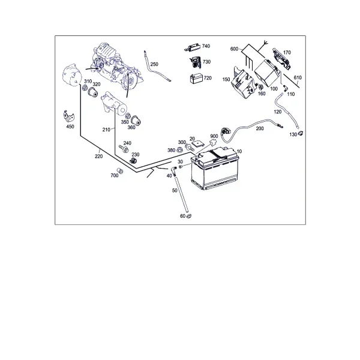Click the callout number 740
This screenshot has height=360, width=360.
pyautogui.click(x=206, y=46)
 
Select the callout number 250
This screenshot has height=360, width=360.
pyautogui.click(x=154, y=64)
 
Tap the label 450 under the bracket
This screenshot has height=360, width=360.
pyautogui.click(x=70, y=127)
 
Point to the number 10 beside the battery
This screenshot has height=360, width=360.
pyautogui.click(x=239, y=151)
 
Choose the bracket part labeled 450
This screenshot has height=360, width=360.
pyautogui.click(x=68, y=116)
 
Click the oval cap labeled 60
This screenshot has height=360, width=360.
pyautogui.click(x=189, y=216)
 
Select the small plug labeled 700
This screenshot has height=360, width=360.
pyautogui.click(x=120, y=170)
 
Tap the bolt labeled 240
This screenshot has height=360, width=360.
pyautogui.click(x=124, y=149)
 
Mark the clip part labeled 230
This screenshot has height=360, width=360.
pyautogui.click(x=134, y=160)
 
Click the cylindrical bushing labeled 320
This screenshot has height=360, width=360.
pyautogui.click(x=93, y=92)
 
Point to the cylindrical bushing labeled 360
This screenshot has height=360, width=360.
pyautogui.click(x=136, y=121)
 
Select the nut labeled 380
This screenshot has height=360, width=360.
pyautogui.click(x=180, y=150)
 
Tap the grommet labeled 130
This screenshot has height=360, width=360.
pyautogui.click(x=301, y=133)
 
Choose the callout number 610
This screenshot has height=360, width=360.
pyautogui.click(x=298, y=77)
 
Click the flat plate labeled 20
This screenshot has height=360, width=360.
pyautogui.click(x=198, y=144)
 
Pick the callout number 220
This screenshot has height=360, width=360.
pyautogui.click(x=99, y=157)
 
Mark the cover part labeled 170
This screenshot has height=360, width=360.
pyautogui.click(x=281, y=58)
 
